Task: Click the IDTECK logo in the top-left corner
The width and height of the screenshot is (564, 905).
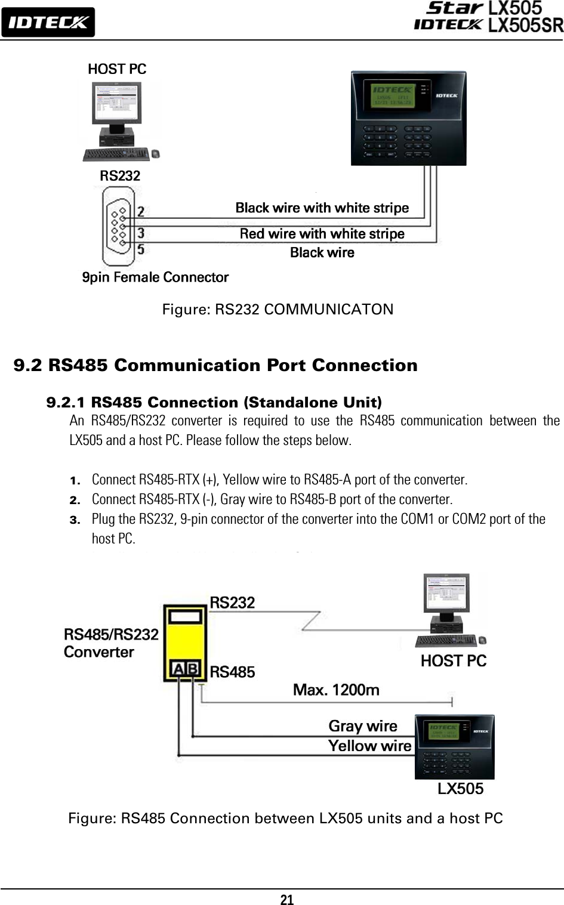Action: point(48,22)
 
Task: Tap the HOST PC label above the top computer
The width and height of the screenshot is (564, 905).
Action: point(117,69)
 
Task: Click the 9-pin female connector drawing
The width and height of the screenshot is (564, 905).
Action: point(118,226)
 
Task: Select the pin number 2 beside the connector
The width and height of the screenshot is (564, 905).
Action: point(141,211)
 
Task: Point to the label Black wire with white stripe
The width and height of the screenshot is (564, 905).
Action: point(322,208)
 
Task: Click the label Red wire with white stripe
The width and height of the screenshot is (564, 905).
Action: point(322,234)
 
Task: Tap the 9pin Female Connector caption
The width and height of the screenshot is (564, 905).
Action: point(155,277)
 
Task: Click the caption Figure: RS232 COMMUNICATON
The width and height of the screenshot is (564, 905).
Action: point(278,310)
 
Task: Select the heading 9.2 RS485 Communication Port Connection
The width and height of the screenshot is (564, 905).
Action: point(215,365)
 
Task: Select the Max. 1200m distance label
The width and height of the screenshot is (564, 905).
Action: point(336,690)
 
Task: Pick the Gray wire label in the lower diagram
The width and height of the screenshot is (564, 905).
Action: point(363,726)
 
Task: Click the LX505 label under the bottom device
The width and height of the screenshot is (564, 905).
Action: point(460,789)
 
